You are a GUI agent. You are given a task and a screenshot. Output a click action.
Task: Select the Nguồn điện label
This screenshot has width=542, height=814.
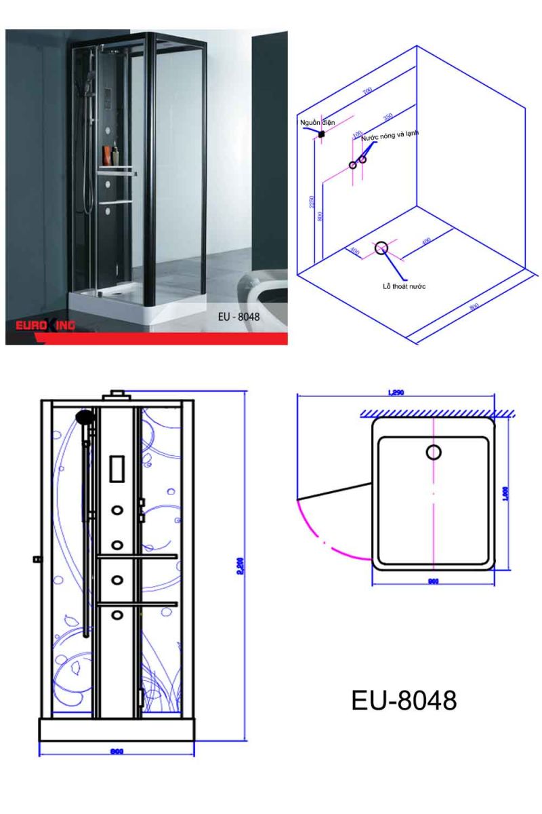coord(318,122)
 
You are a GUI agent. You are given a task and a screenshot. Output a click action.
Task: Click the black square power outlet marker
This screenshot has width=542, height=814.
coord(322,134)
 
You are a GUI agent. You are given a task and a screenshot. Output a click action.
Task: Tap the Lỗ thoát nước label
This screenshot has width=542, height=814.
coord(404,286)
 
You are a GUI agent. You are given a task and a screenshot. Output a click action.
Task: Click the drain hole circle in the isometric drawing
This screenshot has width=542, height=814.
coord(383,248)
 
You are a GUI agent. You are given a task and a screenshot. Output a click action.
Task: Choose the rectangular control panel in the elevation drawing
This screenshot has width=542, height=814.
coord(117,469)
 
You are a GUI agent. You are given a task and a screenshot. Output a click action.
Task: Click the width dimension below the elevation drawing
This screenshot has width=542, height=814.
coord(117,751)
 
